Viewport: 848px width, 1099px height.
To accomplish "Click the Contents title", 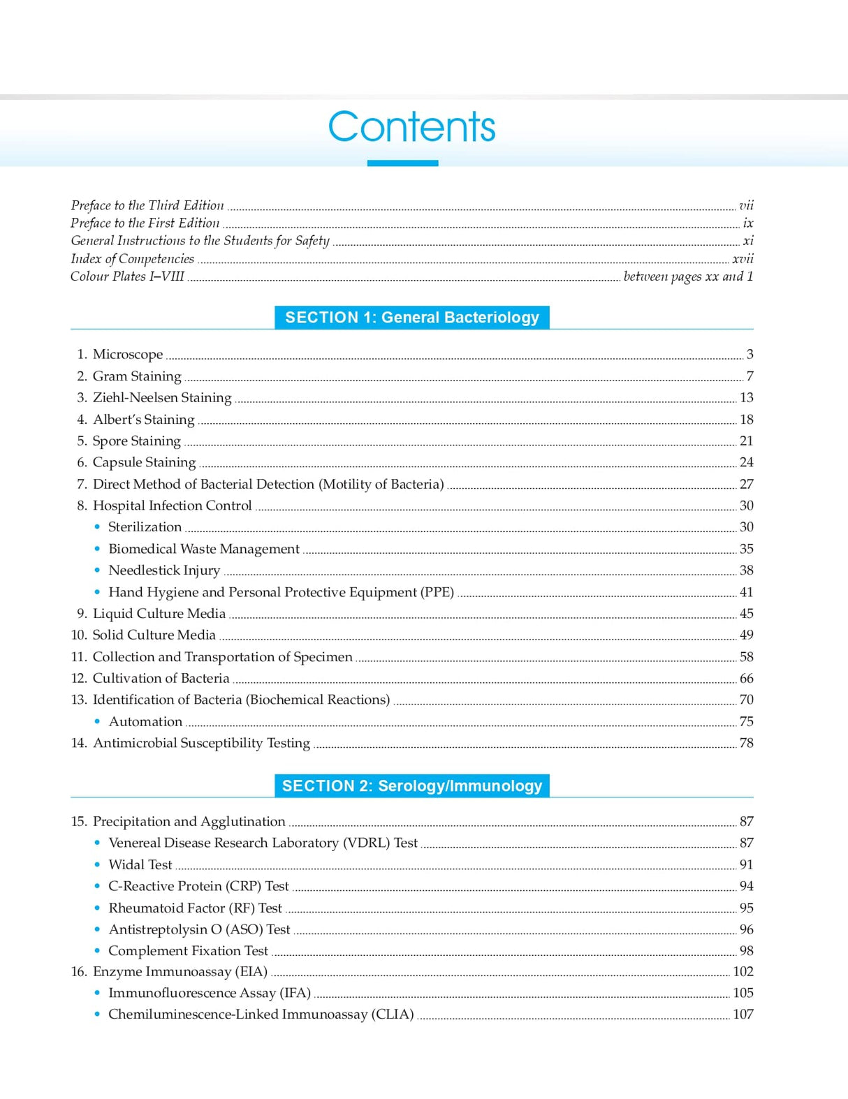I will click(x=411, y=127).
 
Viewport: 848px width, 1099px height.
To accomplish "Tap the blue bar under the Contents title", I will click(x=402, y=163).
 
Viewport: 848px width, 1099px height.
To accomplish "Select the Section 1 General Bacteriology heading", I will click(x=412, y=318).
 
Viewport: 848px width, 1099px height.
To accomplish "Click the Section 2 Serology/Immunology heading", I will click(x=412, y=786).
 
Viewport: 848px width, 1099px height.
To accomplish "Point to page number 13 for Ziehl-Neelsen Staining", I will click(x=746, y=398).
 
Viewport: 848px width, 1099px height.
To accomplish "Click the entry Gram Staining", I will click(x=137, y=376).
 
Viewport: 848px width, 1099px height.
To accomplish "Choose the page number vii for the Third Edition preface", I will click(x=746, y=205).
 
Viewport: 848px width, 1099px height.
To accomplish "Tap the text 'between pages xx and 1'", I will click(x=688, y=276).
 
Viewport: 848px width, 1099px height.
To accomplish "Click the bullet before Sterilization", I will click(x=97, y=527).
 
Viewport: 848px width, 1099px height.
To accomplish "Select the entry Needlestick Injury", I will click(x=164, y=570).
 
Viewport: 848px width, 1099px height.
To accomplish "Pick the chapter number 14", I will click(x=79, y=743).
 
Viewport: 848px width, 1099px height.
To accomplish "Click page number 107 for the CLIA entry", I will click(x=743, y=1015).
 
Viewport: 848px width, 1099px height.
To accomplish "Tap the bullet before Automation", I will click(x=97, y=722).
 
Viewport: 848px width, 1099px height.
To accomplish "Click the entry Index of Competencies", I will click(x=132, y=259).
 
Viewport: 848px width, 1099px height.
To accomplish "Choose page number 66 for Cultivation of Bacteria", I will click(x=746, y=679).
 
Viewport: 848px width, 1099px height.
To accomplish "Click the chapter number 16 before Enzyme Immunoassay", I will click(x=79, y=972).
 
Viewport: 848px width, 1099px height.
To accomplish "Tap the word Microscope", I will click(x=128, y=355).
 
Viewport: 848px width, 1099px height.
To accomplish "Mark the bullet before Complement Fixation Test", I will click(x=97, y=951).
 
